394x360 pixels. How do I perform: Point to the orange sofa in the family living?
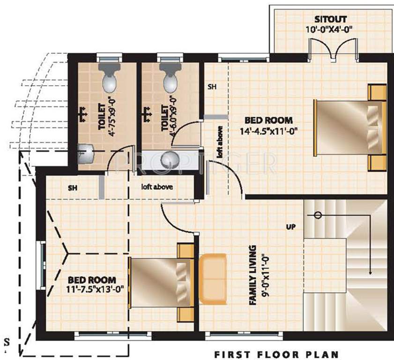pos(213,278)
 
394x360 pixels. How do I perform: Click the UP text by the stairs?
pos(291,227)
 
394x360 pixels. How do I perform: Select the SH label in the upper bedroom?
pos(212,87)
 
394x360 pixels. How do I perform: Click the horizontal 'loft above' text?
pos(157,187)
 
